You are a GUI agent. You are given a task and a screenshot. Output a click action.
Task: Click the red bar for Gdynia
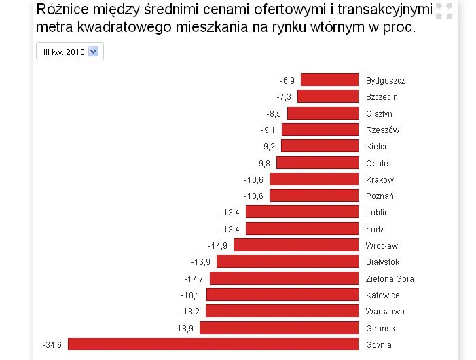pyautogui.click(x=213, y=344)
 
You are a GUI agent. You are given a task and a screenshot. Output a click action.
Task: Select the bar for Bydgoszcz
pyautogui.click(x=329, y=80)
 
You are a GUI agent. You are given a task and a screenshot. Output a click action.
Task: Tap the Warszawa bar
pyautogui.click(x=282, y=311)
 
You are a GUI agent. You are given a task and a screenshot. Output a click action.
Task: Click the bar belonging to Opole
pyautogui.click(x=317, y=163)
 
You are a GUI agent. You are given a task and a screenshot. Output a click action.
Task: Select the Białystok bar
pyautogui.click(x=287, y=262)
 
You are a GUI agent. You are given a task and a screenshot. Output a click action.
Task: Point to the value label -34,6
pyautogui.click(x=52, y=345)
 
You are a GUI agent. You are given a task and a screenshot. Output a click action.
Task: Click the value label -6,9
pyautogui.click(x=287, y=81)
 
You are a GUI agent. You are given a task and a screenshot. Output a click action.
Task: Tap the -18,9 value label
pyautogui.click(x=184, y=328)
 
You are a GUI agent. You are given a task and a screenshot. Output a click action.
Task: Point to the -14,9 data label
pyautogui.click(x=218, y=246)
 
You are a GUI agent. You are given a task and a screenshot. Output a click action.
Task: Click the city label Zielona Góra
pyautogui.click(x=389, y=278)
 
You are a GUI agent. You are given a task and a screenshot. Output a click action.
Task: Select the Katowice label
pyautogui.click(x=382, y=295)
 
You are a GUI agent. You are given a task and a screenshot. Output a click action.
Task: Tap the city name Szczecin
pyautogui.click(x=382, y=97)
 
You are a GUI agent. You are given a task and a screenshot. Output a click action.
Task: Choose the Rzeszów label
pyautogui.click(x=382, y=130)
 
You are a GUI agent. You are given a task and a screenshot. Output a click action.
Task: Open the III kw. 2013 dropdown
pyautogui.click(x=70, y=52)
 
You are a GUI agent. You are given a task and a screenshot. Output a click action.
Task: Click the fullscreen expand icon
pyautogui.click(x=443, y=11)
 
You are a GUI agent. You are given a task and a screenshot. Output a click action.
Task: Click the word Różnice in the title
pyautogui.click(x=63, y=11)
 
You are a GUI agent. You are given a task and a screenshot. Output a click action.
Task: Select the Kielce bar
pyautogui.click(x=320, y=146)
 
